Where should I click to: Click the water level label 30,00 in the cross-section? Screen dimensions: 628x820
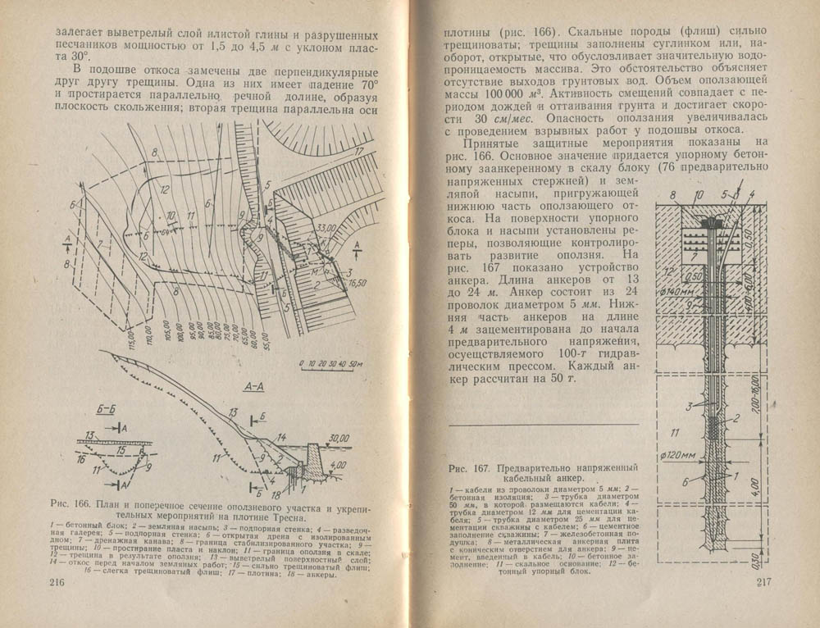click(x=331, y=436)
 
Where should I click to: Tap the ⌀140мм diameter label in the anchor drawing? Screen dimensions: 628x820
click(x=674, y=289)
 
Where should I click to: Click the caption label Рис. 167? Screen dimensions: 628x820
click(x=470, y=468)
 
